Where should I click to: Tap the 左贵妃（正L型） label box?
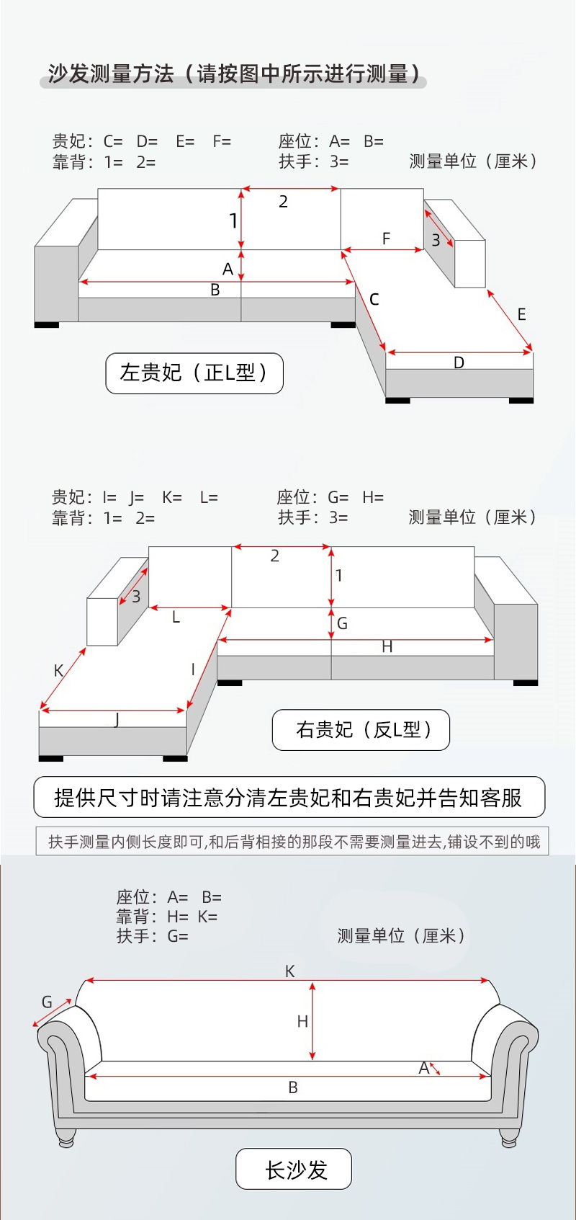pos(194,373)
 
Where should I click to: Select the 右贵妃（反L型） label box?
pos(361,730)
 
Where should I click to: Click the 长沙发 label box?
pos(294,1169)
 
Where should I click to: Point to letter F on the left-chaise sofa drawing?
pos(386,239)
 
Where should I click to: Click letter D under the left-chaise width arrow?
pos(459,362)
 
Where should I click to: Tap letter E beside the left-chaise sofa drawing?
pos(521,314)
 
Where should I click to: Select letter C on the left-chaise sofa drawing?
pos(374,299)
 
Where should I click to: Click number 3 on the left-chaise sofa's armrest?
pos(436,240)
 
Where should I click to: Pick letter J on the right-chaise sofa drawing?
pos(117,719)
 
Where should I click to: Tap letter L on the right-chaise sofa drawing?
pos(176,618)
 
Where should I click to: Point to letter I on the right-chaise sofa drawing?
pos(193,669)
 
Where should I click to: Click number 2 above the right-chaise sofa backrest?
pos(274,556)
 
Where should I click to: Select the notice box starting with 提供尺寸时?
pos(289,797)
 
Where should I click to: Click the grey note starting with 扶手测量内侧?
pos(292,841)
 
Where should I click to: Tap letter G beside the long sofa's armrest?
pos(47,1002)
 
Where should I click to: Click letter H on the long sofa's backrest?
pos(302,1021)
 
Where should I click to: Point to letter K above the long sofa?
pos(289,971)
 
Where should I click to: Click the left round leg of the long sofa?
pos(66,1139)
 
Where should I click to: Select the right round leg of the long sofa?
pos(508,1139)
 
